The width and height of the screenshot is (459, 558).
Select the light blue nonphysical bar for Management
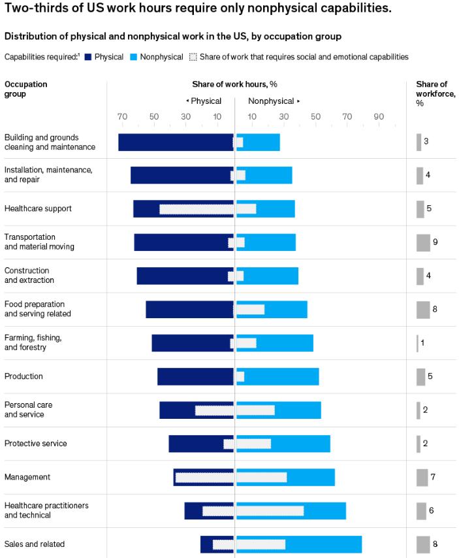[x=311, y=477]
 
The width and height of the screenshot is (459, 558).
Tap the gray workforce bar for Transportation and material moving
[x=423, y=242]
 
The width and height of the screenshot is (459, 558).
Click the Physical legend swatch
[x=87, y=57]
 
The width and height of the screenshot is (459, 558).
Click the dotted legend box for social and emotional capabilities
[x=193, y=57]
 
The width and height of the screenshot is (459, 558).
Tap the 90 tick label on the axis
[x=379, y=117]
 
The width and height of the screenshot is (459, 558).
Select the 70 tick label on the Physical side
[x=122, y=117]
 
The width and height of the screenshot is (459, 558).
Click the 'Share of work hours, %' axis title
[x=235, y=84]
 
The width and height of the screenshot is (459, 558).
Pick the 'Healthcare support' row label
[x=38, y=208]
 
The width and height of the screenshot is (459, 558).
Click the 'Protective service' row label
[x=35, y=444]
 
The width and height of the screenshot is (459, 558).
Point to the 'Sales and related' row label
[x=35, y=544]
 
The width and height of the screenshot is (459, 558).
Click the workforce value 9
[x=435, y=242]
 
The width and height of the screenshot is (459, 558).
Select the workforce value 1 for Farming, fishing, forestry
[x=422, y=342]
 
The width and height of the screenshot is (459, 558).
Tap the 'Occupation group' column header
[x=25, y=89]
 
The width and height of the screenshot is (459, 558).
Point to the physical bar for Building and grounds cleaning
[x=175, y=142]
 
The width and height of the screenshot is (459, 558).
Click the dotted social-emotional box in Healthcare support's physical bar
[x=196, y=209]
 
